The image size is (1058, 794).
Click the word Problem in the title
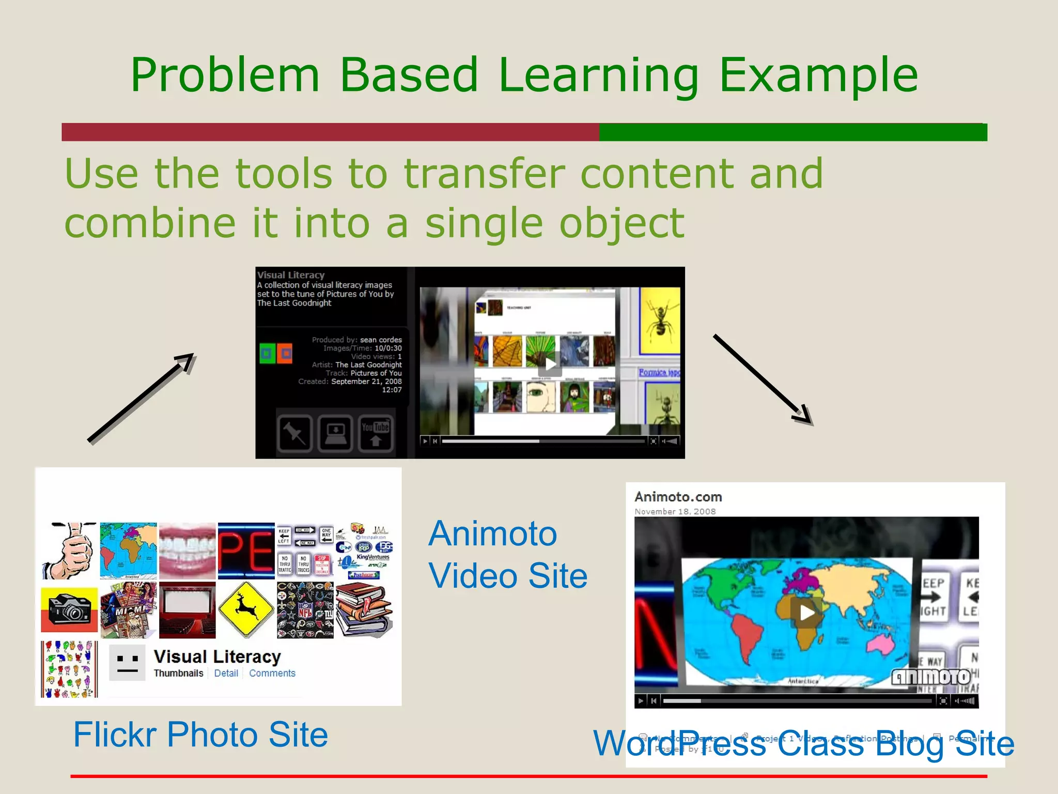click(x=225, y=76)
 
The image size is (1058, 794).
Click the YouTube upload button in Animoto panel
click(x=376, y=433)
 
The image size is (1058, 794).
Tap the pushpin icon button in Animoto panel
click(x=294, y=433)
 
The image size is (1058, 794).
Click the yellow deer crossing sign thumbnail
click(x=246, y=609)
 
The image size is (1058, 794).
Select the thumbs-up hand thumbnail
click(x=69, y=551)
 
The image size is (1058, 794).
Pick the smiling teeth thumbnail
click(x=187, y=551)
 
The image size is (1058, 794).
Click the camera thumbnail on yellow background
click(x=69, y=609)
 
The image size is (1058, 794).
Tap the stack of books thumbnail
click(x=364, y=609)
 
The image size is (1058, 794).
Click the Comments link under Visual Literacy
click(x=272, y=673)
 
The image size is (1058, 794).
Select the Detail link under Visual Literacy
click(x=226, y=673)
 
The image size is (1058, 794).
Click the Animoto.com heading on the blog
click(x=678, y=497)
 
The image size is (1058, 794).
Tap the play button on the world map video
click(x=806, y=613)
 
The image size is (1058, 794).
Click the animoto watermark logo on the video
click(x=931, y=677)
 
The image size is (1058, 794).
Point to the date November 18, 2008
click(x=675, y=511)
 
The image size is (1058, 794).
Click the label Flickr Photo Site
click(x=200, y=734)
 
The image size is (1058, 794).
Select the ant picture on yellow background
click(x=660, y=320)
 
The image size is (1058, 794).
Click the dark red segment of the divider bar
click(x=331, y=132)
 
